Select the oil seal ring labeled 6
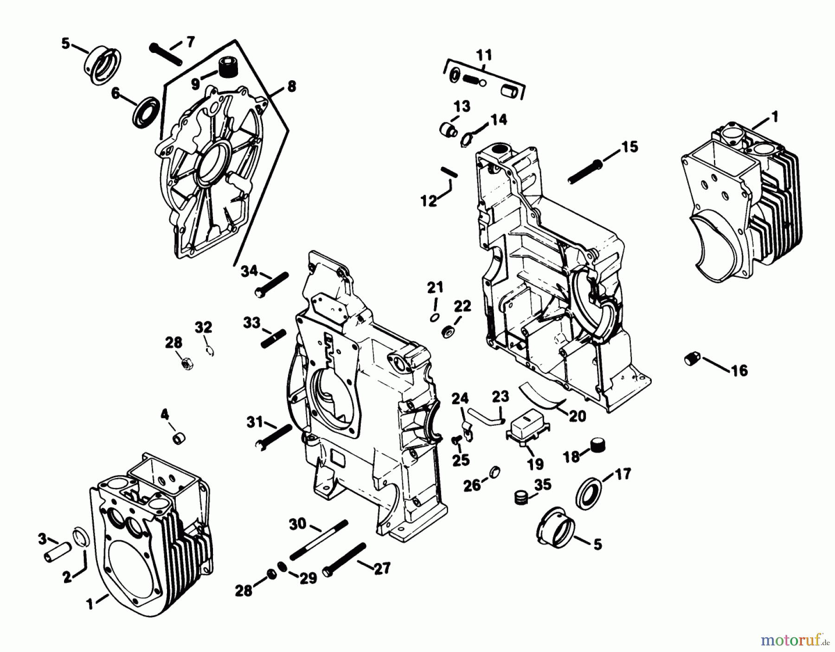point(146,112)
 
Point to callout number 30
point(298,524)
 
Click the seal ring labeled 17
point(588,492)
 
